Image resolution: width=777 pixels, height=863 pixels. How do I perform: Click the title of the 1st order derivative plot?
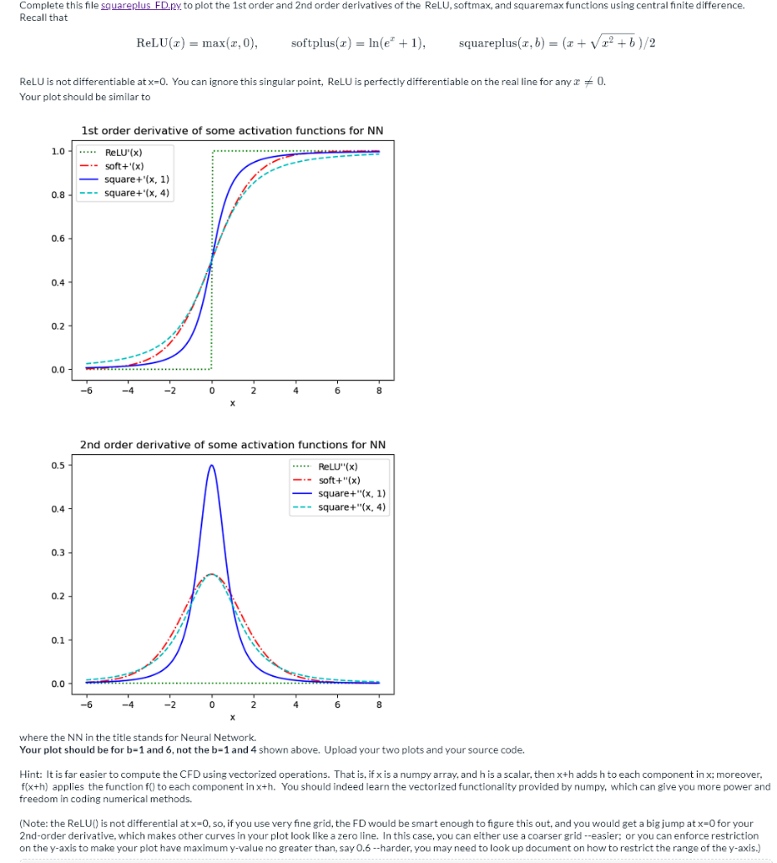[x=232, y=131]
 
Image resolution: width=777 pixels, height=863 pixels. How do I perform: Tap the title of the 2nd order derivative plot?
[x=232, y=444]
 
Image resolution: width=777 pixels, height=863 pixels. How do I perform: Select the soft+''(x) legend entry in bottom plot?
[x=340, y=480]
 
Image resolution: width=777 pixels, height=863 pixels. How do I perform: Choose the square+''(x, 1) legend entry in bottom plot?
[x=353, y=493]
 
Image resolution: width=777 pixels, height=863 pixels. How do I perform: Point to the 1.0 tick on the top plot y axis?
[x=57, y=152]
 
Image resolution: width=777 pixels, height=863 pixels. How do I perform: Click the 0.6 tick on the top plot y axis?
[x=57, y=239]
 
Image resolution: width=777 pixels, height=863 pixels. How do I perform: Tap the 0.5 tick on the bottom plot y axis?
[x=57, y=465]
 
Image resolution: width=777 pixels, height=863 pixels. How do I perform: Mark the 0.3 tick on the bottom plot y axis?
[x=57, y=552]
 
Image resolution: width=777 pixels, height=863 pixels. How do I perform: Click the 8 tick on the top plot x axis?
[x=379, y=390]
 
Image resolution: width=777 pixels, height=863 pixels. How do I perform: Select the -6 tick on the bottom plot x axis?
[x=86, y=704]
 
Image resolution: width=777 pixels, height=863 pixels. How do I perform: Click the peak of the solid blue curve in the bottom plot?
[x=212, y=465]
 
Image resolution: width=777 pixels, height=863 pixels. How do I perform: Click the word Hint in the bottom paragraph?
[x=29, y=774]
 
